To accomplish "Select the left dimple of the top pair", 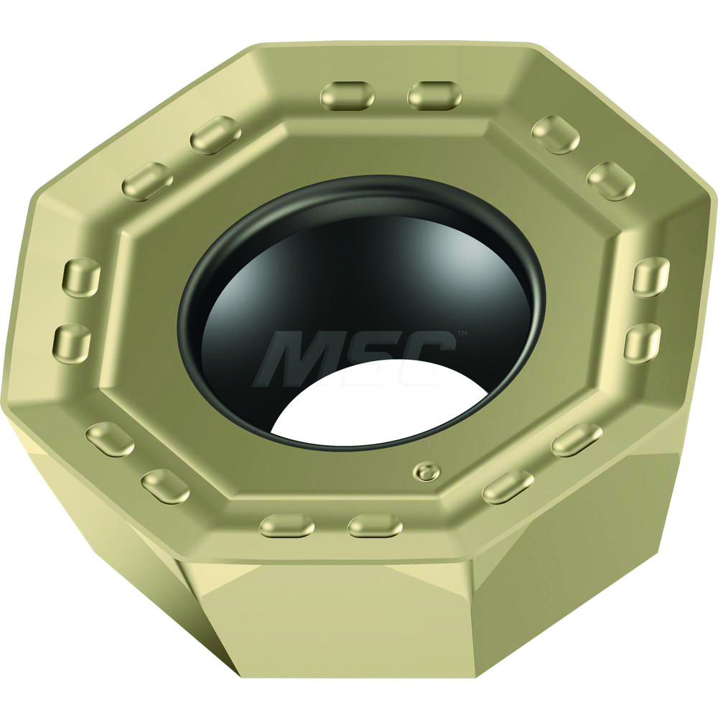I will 348,95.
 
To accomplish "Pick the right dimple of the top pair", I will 434,95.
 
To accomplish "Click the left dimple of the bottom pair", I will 286,526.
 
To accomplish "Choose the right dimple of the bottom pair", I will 374,526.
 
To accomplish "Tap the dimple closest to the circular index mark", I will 508,487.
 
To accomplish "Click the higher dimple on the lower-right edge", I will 576,439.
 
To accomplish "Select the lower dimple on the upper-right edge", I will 610,180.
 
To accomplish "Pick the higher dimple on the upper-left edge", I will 215,134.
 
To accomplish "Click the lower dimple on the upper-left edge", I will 147,181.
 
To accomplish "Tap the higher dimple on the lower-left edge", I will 109,439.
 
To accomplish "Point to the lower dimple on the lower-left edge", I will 165,486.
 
